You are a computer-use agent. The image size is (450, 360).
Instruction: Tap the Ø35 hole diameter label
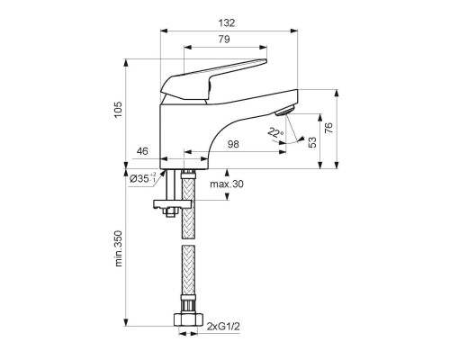[x=144, y=179]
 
